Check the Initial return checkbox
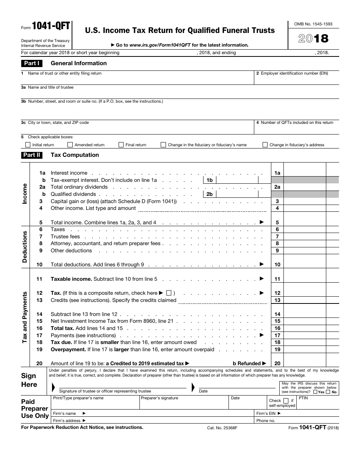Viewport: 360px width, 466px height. [28, 145]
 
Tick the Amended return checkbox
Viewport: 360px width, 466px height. [70, 145]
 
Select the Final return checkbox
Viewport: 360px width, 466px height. [121, 145]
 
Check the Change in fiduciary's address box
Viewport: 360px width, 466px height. [265, 145]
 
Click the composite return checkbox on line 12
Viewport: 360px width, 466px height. [169, 293]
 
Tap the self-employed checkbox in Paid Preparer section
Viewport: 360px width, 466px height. [286, 400]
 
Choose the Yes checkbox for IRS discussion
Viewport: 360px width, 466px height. [316, 392]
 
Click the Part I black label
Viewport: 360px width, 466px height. [32, 63]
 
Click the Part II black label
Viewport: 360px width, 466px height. [32, 155]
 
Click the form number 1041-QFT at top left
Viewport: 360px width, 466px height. [51, 26]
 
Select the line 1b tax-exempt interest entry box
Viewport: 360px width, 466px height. [237, 180]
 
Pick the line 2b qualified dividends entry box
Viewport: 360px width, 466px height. [237, 194]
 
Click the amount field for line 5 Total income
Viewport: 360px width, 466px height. [305, 223]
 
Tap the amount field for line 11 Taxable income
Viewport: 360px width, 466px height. [305, 279]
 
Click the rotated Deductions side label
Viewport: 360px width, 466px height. [25, 247]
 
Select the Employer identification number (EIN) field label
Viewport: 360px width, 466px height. [294, 73]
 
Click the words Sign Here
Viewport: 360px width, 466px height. [29, 380]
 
